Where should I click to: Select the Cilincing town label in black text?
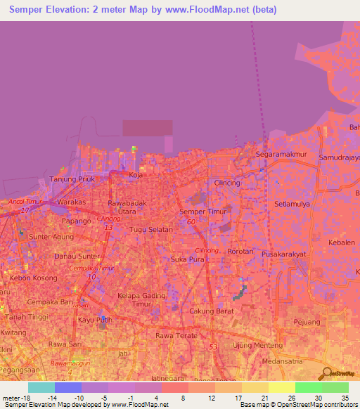pos(227,183)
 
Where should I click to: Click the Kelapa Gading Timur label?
pos(136,299)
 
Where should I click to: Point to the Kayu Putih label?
pos(95,320)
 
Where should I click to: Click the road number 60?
pos(191,222)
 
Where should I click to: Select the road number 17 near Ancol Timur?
pos(25,210)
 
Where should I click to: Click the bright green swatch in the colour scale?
pos(308,387)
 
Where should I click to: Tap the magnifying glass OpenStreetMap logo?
pos(324,373)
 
